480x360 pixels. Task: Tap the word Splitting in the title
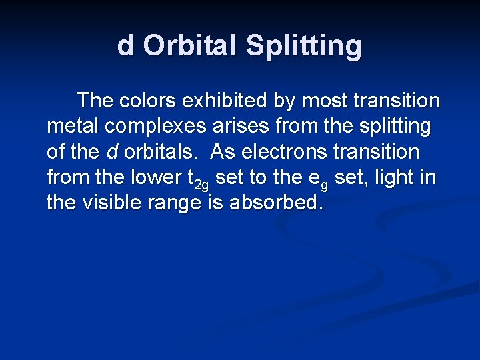coord(303,46)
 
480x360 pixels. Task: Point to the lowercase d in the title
coord(125,46)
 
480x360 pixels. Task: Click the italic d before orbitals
coord(112,151)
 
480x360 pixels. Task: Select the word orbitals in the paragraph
coord(159,151)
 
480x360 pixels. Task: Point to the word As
coord(223,151)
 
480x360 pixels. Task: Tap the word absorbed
coord(275,202)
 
